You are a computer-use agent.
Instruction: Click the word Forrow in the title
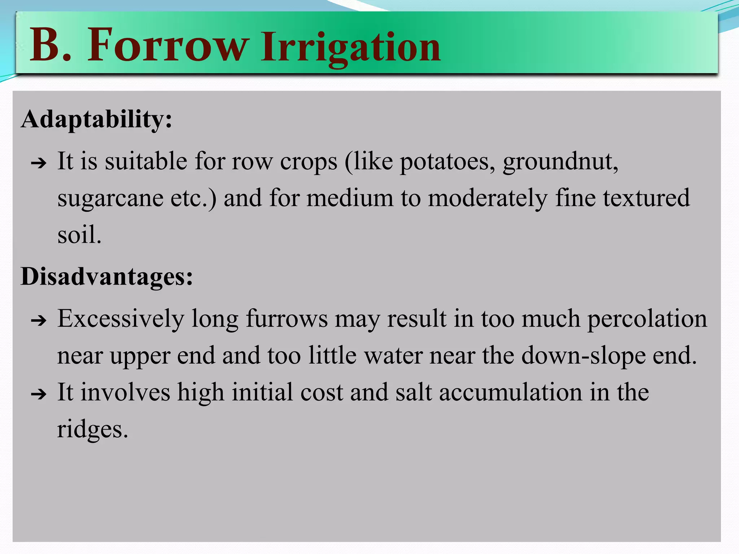click(168, 46)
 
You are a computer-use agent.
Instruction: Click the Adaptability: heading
click(96, 119)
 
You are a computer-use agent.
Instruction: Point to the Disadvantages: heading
click(107, 277)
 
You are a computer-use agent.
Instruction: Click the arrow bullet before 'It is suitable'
click(39, 163)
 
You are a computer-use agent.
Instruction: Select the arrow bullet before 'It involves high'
click(39, 394)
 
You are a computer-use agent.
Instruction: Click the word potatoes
click(447, 161)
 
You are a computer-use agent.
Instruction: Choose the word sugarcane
click(110, 198)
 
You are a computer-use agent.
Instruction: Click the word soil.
click(79, 235)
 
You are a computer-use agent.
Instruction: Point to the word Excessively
click(121, 319)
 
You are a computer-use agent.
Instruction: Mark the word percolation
click(647, 319)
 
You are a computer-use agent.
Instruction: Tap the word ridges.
click(92, 430)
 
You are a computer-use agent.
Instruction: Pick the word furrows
click(287, 319)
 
